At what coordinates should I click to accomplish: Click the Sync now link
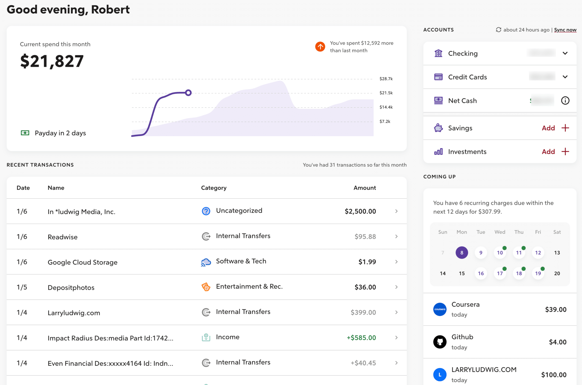565,30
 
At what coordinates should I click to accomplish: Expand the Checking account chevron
565,53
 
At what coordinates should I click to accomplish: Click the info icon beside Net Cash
565,100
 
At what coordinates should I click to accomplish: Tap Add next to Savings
548,128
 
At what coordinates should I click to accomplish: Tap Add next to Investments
548,152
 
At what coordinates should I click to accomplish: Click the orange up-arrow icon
320,47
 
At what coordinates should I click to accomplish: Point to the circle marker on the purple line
188,93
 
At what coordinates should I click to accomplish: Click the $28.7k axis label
386,79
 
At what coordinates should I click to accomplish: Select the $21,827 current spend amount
52,61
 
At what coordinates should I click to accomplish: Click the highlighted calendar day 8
462,252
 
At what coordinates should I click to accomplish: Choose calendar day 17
500,273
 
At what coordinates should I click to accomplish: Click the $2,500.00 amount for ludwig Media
360,211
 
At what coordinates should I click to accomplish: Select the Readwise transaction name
63,237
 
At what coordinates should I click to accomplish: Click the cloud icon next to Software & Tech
206,262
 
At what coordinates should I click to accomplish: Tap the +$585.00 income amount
361,338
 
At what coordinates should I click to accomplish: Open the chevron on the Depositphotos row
396,287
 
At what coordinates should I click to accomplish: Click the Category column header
214,188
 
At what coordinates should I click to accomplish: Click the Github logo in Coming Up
440,342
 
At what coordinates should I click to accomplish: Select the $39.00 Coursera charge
556,309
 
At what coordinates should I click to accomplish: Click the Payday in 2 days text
60,133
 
